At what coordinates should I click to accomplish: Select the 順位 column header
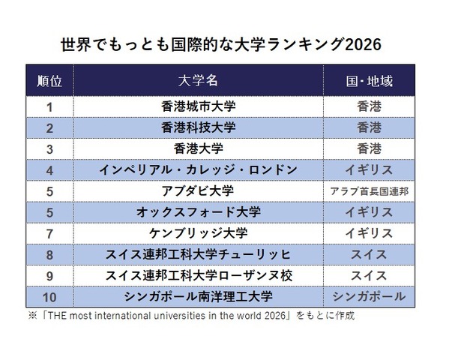pyautogui.click(x=49, y=80)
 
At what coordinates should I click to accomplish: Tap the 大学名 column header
pyautogui.click(x=199, y=80)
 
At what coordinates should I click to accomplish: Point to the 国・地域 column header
pyautogui.click(x=370, y=80)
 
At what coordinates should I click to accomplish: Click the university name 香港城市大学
pyautogui.click(x=199, y=106)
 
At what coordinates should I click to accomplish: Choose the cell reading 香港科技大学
pyautogui.click(x=199, y=127)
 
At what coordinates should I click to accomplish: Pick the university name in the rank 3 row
pyautogui.click(x=199, y=148)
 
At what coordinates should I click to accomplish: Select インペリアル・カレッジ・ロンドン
pyautogui.click(x=199, y=169)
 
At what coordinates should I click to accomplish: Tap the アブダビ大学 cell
pyautogui.click(x=199, y=190)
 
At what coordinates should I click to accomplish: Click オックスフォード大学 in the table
pyautogui.click(x=199, y=212)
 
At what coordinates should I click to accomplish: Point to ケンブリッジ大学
pyautogui.click(x=199, y=233)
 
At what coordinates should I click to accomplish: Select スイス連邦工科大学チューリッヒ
pyautogui.click(x=199, y=254)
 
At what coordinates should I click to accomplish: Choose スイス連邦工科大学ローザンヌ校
pyautogui.click(x=199, y=275)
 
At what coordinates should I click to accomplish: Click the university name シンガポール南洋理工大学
pyautogui.click(x=199, y=296)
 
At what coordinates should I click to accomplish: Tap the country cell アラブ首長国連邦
pyautogui.click(x=370, y=191)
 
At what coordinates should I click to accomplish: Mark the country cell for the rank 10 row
pyautogui.click(x=370, y=296)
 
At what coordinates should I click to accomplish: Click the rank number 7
pyautogui.click(x=49, y=233)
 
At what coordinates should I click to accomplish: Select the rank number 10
pyautogui.click(x=49, y=296)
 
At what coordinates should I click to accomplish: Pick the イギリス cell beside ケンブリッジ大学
pyautogui.click(x=370, y=233)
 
